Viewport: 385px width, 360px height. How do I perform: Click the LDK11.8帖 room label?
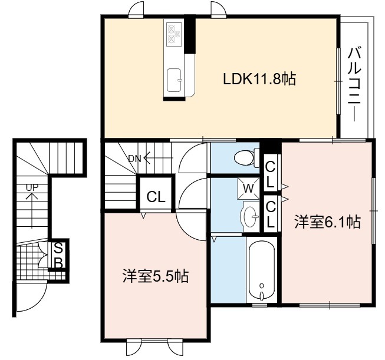coord(259,79)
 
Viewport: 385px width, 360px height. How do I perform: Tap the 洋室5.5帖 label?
coord(156,276)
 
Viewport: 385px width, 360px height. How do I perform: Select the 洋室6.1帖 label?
coord(328,222)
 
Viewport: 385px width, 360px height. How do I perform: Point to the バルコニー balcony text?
coord(354,84)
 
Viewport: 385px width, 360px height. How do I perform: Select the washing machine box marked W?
coord(248,188)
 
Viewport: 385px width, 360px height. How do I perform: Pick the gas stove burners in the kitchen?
coord(174,34)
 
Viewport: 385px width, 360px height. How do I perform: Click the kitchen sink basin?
coord(175,80)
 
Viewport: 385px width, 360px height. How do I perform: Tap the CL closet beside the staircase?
coord(156,193)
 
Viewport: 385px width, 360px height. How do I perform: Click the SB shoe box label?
coord(58,256)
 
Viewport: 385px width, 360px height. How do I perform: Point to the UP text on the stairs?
coord(32,188)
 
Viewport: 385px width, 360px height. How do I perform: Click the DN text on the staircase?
coord(135,159)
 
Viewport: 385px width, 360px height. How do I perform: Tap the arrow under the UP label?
coord(32,210)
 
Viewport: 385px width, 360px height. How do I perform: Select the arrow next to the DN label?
coord(159,158)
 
